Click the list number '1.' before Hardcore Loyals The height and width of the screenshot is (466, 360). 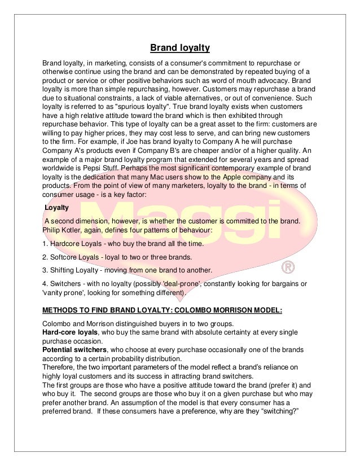click(46, 244)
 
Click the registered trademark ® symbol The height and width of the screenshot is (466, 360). click(288, 264)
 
